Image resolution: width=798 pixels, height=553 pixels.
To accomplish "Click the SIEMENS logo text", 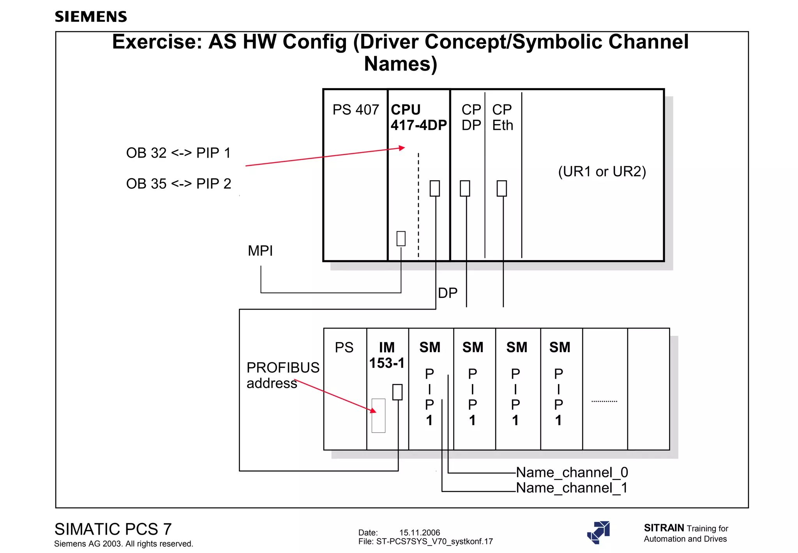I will point(91,17).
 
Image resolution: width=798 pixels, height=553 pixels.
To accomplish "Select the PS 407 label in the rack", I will point(355,110).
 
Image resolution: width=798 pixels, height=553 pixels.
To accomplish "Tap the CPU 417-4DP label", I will point(418,117).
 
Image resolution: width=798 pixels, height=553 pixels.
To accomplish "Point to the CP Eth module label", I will point(502,117).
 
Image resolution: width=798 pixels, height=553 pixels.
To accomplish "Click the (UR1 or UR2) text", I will point(602,171).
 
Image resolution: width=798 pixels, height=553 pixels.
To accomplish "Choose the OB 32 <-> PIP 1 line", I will point(178,153).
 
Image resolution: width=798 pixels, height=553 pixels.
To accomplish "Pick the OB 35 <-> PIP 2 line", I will point(178,184).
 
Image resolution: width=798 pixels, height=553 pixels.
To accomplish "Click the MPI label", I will point(260,251).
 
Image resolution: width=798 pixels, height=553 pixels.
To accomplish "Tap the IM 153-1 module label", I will point(387,355).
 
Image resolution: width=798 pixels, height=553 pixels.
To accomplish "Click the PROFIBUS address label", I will point(282,375).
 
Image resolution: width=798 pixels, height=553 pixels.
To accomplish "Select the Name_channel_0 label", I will point(572,472).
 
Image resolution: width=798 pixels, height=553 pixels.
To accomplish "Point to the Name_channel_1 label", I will point(572,488).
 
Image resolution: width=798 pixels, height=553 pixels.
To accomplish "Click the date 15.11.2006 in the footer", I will point(419,533).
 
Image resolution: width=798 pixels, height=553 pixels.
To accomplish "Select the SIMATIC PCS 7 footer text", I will point(113,529).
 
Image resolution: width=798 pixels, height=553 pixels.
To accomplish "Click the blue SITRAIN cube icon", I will point(598,532).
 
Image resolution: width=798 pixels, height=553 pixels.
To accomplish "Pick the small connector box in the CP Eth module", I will point(502,188).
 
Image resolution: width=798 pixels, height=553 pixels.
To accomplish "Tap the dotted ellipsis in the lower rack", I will point(604,401).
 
